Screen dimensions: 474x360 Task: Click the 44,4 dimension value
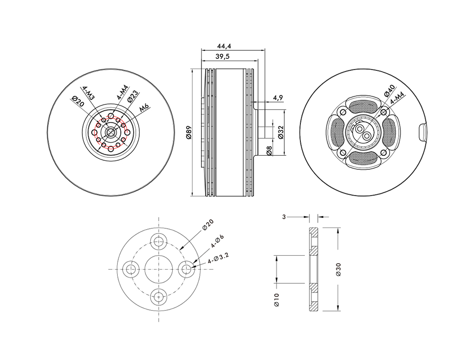225,46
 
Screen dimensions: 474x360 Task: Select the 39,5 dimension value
223,57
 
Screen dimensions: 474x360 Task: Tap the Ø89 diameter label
189,132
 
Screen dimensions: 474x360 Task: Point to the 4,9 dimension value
277,98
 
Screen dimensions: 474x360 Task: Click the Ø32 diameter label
280,132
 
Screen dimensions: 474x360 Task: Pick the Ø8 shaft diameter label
269,150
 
